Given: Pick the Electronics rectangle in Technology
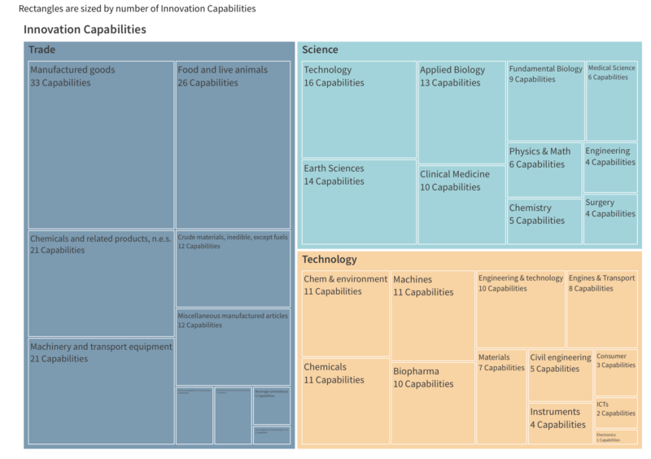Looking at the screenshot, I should click(616, 437).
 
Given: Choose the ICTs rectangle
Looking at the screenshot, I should click(616, 413).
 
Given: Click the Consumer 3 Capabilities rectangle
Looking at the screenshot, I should click(616, 373).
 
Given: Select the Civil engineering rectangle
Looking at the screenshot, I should click(561, 376).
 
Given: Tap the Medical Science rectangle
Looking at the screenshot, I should click(612, 101).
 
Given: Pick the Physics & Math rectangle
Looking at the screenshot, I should click(544, 169).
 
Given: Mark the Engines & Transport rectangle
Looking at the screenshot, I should click(602, 310).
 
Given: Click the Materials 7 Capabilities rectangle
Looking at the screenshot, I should click(501, 397).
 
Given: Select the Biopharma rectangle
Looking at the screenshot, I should click(433, 404).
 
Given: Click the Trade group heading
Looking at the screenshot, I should click(42, 50).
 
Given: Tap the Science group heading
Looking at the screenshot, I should click(320, 50).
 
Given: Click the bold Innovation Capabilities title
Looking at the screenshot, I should click(85, 29).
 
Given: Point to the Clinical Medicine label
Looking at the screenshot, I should click(455, 174).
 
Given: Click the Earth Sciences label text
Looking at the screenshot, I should click(334, 168).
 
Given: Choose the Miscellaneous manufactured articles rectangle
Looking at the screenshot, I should click(233, 347).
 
